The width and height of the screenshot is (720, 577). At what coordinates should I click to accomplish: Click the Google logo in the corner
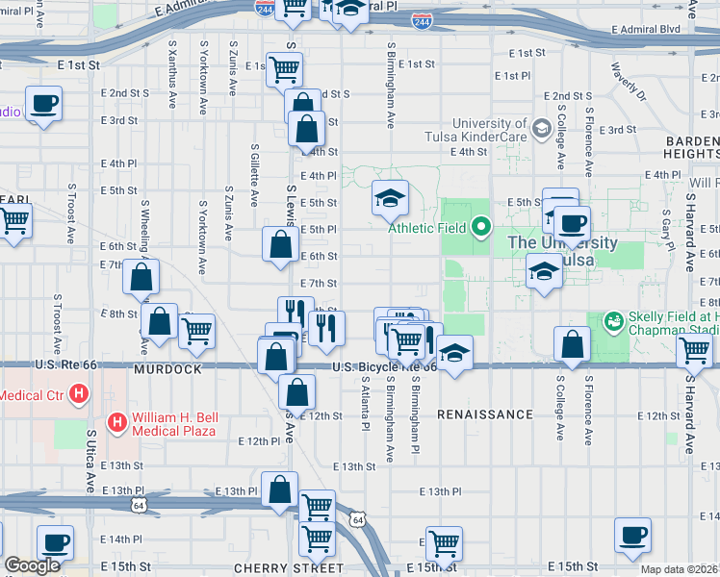pyautogui.click(x=32, y=565)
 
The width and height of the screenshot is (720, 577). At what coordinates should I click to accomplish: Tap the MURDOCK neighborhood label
pyautogui.click(x=169, y=369)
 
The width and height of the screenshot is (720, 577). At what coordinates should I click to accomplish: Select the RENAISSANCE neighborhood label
pyautogui.click(x=484, y=414)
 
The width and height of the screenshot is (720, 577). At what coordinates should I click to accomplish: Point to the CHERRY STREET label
pyautogui.click(x=274, y=568)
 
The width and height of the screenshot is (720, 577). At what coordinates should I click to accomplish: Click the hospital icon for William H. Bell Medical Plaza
pyautogui.click(x=116, y=421)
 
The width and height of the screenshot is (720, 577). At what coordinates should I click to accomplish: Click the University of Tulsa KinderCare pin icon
pyautogui.click(x=541, y=127)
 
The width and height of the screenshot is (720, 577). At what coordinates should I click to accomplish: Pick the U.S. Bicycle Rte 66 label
pyautogui.click(x=384, y=367)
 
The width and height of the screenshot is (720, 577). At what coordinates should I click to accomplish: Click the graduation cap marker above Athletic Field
pyautogui.click(x=390, y=198)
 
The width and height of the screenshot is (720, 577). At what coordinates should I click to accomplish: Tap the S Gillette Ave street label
pyautogui.click(x=254, y=174)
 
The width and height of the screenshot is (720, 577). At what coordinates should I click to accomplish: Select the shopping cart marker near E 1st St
pyautogui.click(x=285, y=68)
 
